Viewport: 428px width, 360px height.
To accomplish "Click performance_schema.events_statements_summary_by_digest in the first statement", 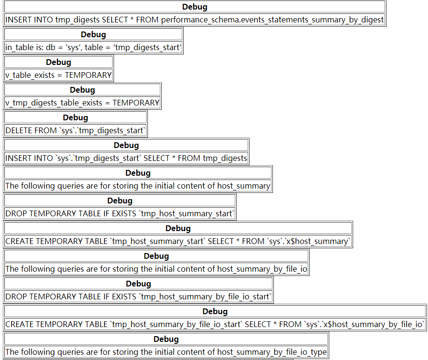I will (272, 20).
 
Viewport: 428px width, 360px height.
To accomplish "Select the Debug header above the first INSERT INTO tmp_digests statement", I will (195, 7).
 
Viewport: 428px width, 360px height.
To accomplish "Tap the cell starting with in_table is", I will (93, 47).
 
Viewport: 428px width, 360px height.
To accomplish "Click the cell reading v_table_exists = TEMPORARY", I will (58, 75).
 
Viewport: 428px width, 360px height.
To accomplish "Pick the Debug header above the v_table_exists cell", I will (58, 62).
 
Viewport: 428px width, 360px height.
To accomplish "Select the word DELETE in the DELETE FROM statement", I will (19, 130).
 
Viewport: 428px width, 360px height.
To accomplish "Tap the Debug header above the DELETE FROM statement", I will (75, 117).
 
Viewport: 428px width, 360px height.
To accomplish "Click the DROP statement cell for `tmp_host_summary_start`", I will (120, 213).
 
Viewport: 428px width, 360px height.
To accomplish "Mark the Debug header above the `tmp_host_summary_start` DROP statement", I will (120, 201).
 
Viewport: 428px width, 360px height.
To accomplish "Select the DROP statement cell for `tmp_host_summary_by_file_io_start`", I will (138, 296).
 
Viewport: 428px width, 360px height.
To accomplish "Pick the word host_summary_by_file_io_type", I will (272, 352).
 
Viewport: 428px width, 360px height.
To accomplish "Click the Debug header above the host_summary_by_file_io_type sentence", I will (166, 339).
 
